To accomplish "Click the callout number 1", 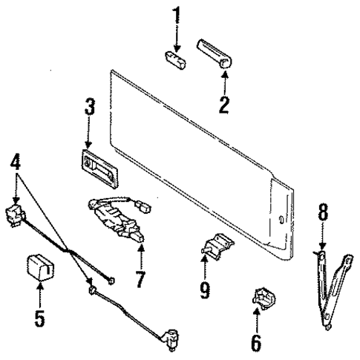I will [x=175, y=15].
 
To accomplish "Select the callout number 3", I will [x=88, y=107].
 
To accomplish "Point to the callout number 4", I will [x=15, y=161].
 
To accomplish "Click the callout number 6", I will [x=256, y=342].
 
